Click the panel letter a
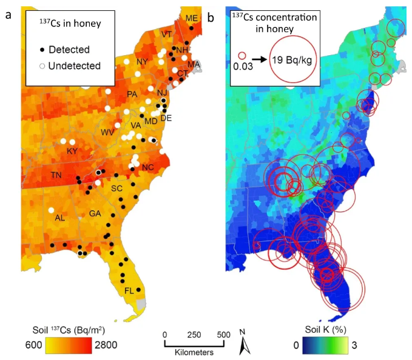[8, 17]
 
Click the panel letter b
[211, 17]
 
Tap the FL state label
[128, 291]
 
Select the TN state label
[56, 175]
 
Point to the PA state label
[132, 94]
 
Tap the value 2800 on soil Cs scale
[104, 344]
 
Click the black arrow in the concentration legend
[260, 59]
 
